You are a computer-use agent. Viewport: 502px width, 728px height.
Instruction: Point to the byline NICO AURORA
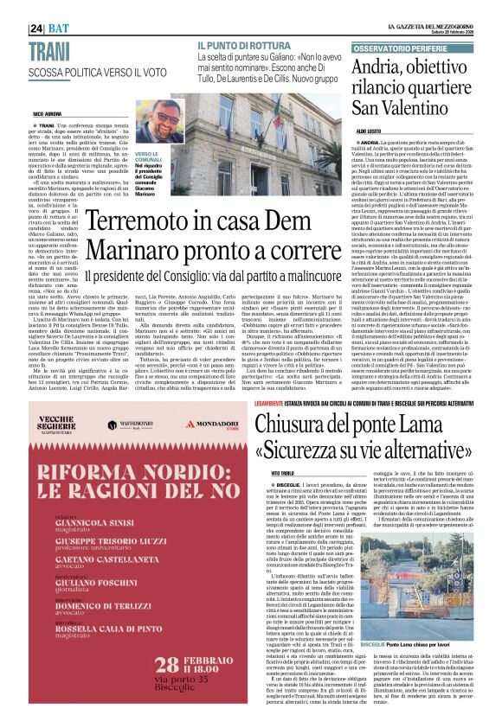(50, 113)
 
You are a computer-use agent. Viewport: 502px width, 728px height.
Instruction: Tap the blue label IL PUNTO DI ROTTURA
(243, 44)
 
